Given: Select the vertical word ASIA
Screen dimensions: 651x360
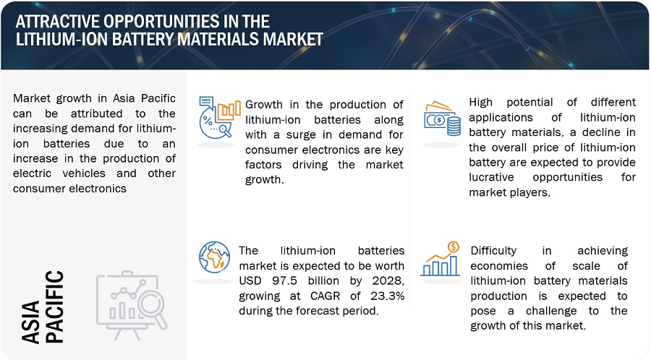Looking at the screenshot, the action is coord(30,322).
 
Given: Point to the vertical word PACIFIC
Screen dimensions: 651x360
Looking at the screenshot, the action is coord(54,307).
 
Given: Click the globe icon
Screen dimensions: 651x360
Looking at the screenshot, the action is coord(214,257).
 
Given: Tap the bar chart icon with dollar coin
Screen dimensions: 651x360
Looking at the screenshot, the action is coord(440,260).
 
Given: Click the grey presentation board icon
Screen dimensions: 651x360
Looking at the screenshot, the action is coord(132,305).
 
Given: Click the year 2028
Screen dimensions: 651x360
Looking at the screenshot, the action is coord(388,280).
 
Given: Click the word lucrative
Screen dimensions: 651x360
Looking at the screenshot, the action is coord(491,177).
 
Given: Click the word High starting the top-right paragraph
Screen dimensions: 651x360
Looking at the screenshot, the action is coord(481,103).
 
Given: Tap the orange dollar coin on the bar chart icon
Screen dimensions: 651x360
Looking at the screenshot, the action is coord(454,247).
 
